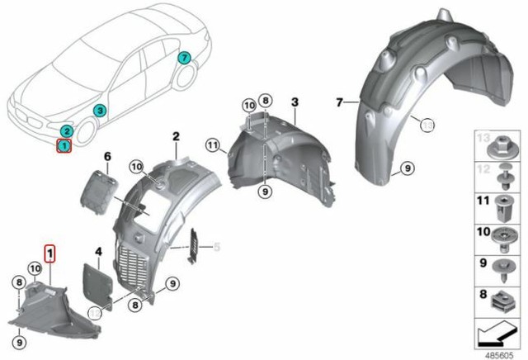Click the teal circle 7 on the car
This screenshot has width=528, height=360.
point(184,58)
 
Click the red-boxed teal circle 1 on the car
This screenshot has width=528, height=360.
point(64,146)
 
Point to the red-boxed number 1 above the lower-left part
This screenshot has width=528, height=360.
point(49,252)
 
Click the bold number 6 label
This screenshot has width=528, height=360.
point(106,156)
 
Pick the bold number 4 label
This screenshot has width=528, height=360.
point(97,250)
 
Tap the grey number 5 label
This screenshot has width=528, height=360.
point(218,245)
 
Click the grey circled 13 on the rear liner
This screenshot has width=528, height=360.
point(427,125)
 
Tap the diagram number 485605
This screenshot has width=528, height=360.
point(497,350)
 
